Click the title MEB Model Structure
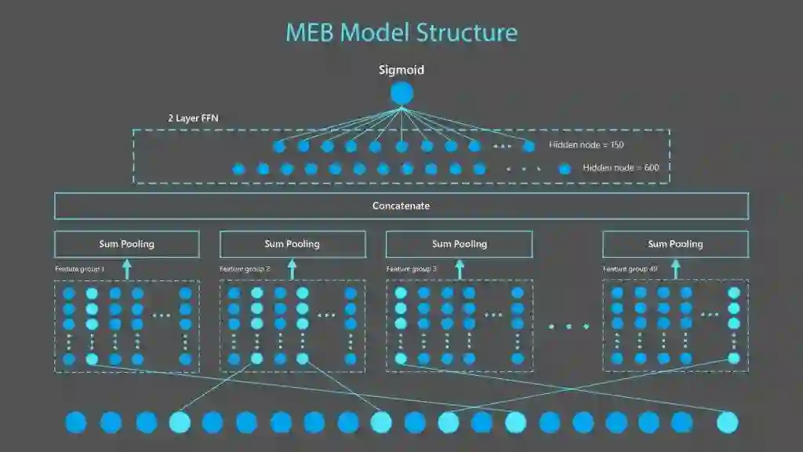[x=401, y=33]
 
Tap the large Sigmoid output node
[x=401, y=93]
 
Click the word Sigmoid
[x=401, y=70]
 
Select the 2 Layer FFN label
[x=192, y=118]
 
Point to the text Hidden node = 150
[x=586, y=145]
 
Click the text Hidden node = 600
[x=620, y=168]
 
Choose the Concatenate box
[x=401, y=206]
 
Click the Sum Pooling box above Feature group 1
[x=126, y=244]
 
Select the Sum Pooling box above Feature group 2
[x=292, y=244]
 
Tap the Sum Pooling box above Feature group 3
[x=459, y=244]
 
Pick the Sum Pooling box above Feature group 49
[x=675, y=244]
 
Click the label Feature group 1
[x=79, y=269]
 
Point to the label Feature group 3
[x=412, y=269]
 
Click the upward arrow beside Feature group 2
[x=292, y=269]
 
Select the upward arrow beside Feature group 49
[x=675, y=269]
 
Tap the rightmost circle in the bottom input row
[x=728, y=422]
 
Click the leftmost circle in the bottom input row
[x=76, y=422]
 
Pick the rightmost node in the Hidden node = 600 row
[x=565, y=169]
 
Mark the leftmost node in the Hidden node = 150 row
[x=279, y=146]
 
